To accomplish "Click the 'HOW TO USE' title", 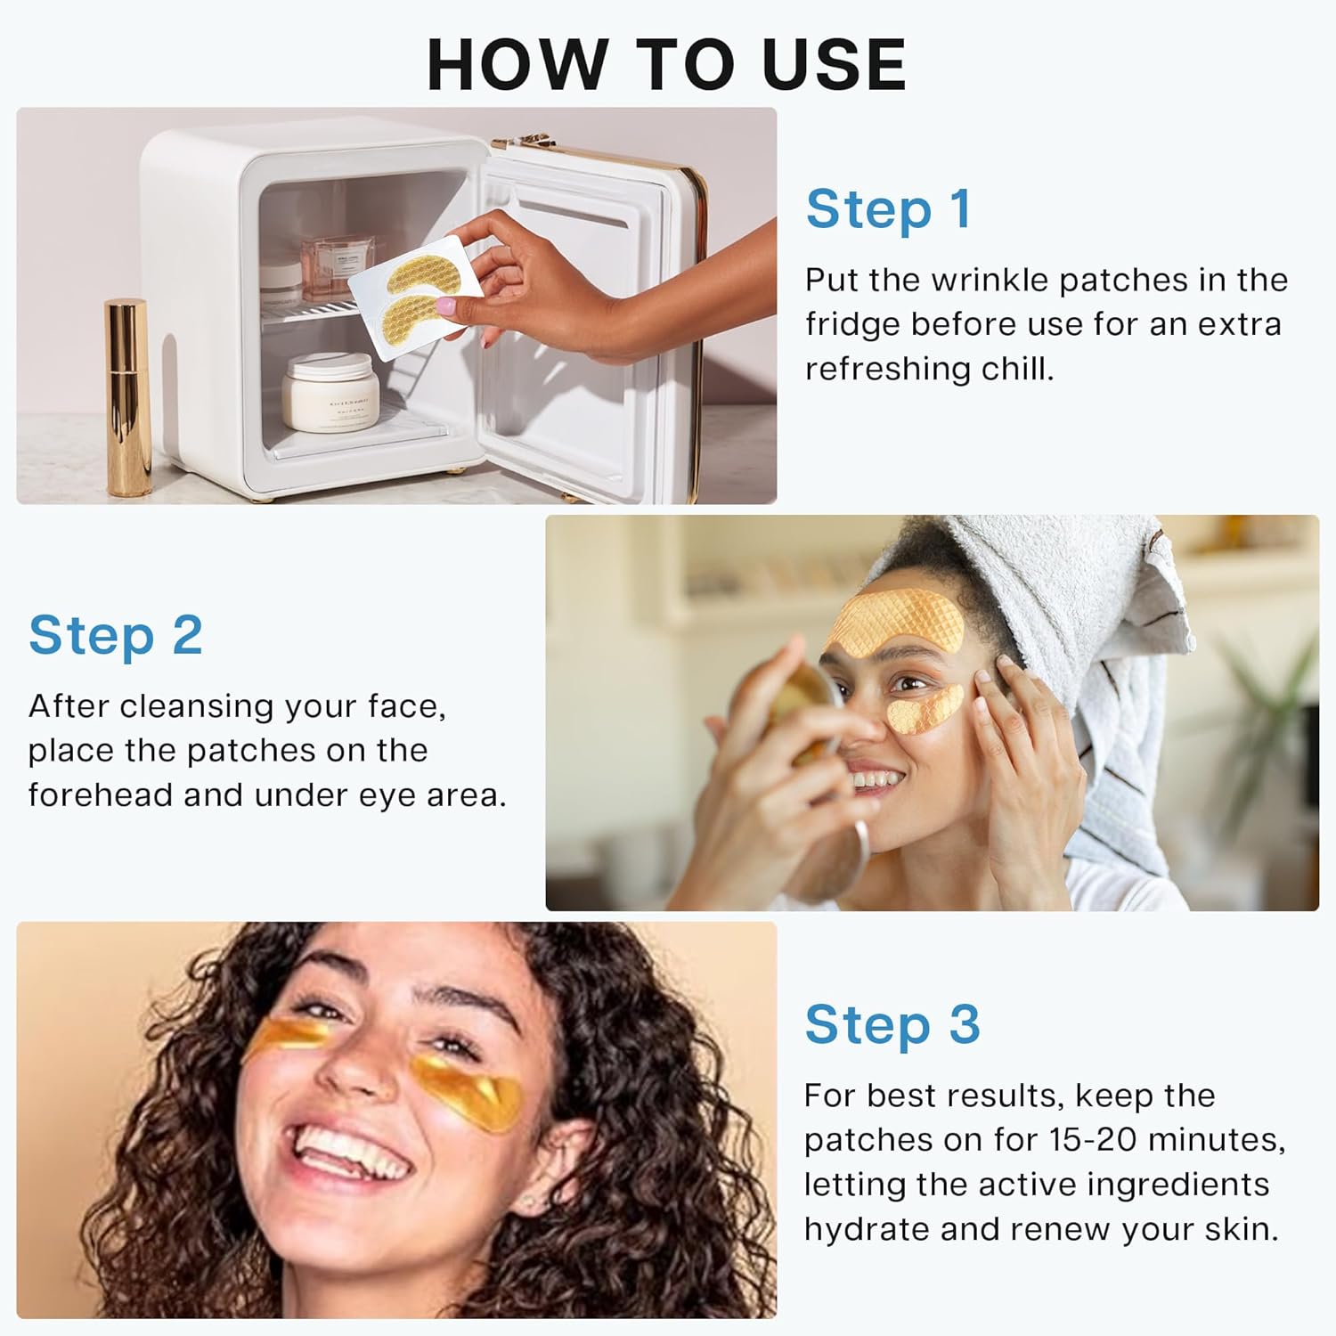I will tap(666, 64).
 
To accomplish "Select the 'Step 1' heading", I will tap(887, 210).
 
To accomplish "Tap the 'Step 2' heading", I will tap(116, 636).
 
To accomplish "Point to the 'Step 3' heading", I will tap(892, 1025).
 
